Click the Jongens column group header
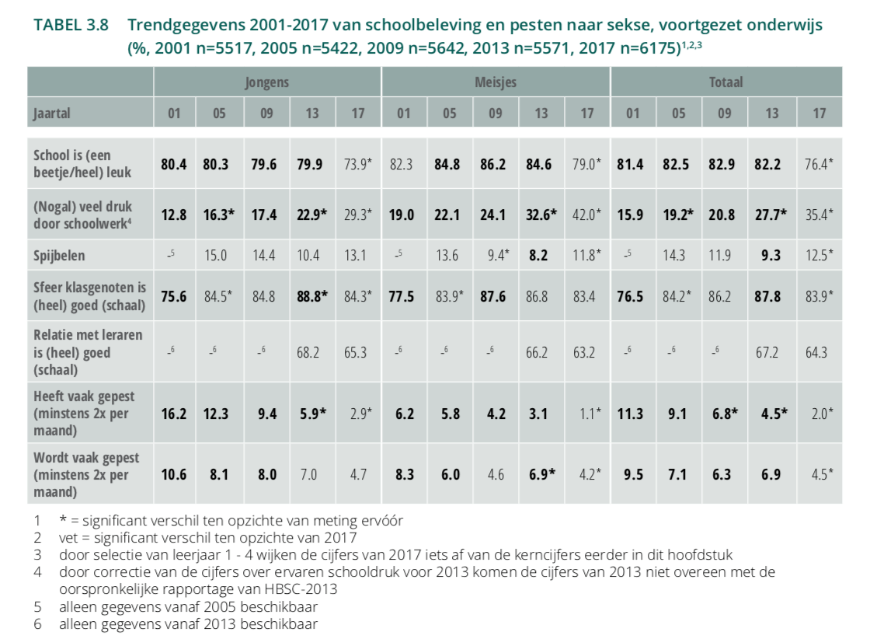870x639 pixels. [x=266, y=82]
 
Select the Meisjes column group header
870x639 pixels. [x=496, y=82]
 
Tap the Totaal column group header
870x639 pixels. [x=726, y=82]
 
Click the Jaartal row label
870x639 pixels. [x=52, y=113]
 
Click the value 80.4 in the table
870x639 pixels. [x=175, y=164]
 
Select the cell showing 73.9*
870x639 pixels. [x=357, y=164]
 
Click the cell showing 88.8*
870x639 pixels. [x=312, y=295]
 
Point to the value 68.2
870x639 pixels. [x=311, y=352]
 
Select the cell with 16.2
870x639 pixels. [x=175, y=413]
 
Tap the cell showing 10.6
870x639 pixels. [x=175, y=474]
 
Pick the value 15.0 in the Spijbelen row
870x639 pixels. [x=219, y=254]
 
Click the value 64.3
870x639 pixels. [x=816, y=352]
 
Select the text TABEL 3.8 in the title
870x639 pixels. [x=71, y=26]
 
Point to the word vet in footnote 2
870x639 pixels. [x=68, y=536]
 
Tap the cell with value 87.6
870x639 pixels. [x=495, y=295]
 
